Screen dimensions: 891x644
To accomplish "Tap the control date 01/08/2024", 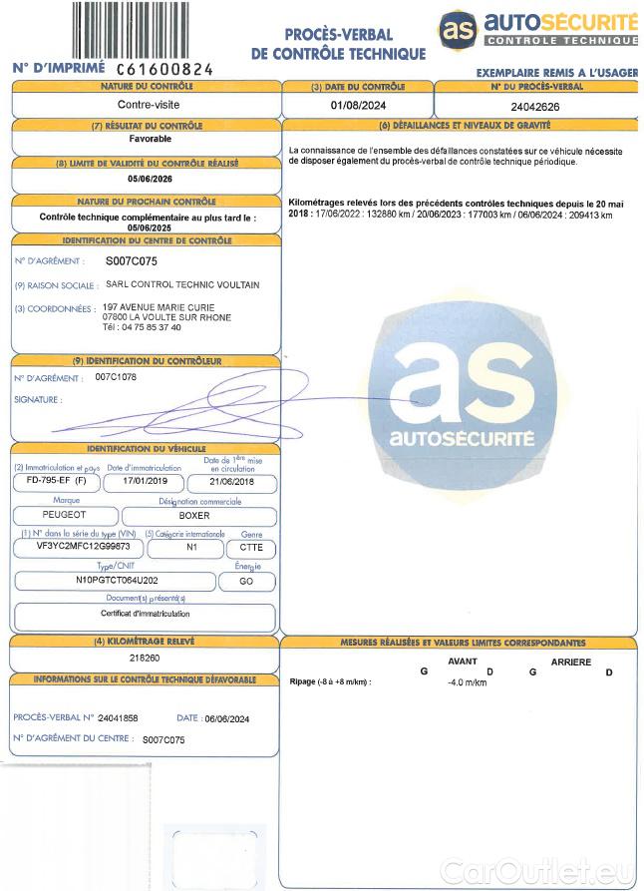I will pos(358,105).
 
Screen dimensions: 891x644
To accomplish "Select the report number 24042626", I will pos(535,105).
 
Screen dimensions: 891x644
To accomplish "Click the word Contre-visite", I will pos(148,104).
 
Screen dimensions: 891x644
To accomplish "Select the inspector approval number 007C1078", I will pos(116,377).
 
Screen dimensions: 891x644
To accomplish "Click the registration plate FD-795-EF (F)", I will pos(56,481).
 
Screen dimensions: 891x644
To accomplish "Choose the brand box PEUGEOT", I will pos(66,515).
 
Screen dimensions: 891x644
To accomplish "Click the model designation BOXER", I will pos(194,515).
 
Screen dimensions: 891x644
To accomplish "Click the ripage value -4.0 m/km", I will pos(467,682).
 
